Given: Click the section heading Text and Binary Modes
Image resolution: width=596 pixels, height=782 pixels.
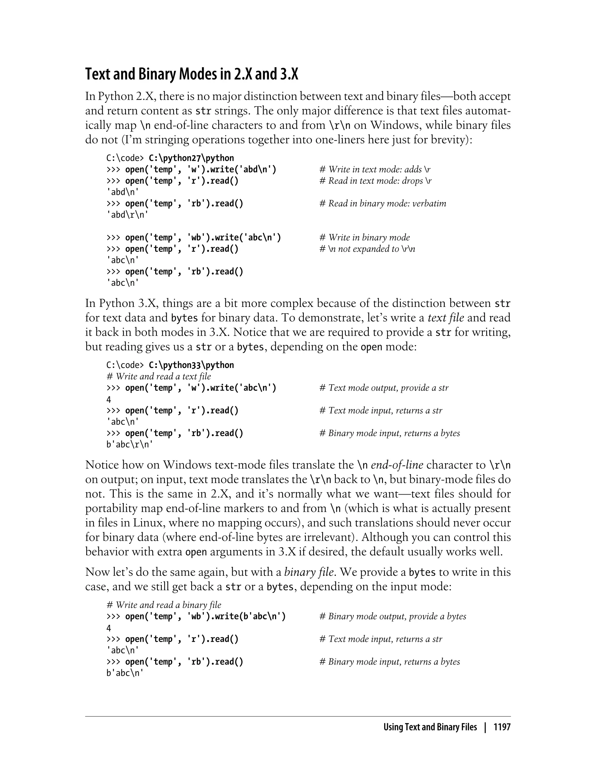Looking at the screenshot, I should coord(191,74).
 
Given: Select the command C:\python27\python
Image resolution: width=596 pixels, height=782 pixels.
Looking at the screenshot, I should coord(191,158).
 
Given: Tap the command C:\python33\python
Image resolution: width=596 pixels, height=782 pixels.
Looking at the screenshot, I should coord(191,365).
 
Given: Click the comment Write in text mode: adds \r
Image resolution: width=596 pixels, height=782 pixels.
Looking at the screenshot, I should coord(375,170).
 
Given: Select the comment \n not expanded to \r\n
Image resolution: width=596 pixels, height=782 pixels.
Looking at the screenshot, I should coord(367,249).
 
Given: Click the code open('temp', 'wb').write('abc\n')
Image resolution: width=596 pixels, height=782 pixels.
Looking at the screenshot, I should coord(203,238).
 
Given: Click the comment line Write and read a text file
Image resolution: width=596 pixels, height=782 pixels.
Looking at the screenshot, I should coord(159,377).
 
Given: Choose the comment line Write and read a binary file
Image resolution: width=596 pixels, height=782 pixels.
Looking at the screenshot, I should coord(164,605).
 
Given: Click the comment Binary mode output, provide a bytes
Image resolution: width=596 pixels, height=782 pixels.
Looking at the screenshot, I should coord(393,616).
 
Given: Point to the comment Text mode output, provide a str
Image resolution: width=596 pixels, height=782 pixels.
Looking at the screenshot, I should coord(384,388).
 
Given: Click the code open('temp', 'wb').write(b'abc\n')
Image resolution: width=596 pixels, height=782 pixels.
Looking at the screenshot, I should coord(205,616).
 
